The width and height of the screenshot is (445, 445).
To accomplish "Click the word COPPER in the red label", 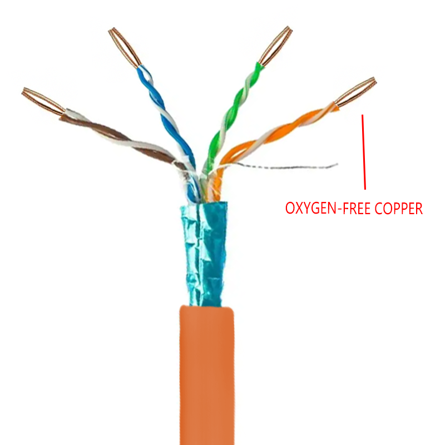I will (x=398, y=209).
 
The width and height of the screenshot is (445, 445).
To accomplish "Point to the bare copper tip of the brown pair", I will (x=42, y=101).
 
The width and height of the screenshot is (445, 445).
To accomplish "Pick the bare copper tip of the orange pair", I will (x=356, y=92).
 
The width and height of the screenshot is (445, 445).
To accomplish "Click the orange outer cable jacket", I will (x=206, y=378).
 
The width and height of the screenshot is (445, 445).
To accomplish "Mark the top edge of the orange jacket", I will (x=206, y=307).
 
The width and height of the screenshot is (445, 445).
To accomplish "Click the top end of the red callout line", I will (x=363, y=116).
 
